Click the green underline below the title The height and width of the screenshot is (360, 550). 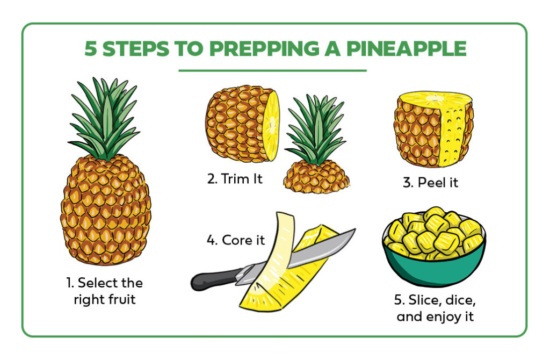click(x=272, y=70)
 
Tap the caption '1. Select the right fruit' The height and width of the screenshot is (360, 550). click(x=105, y=291)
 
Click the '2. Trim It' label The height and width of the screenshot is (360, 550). click(x=235, y=179)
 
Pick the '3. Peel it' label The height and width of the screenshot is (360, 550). click(x=430, y=182)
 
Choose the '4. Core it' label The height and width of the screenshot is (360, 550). click(x=236, y=240)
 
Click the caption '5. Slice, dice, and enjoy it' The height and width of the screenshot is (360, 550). click(x=436, y=307)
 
